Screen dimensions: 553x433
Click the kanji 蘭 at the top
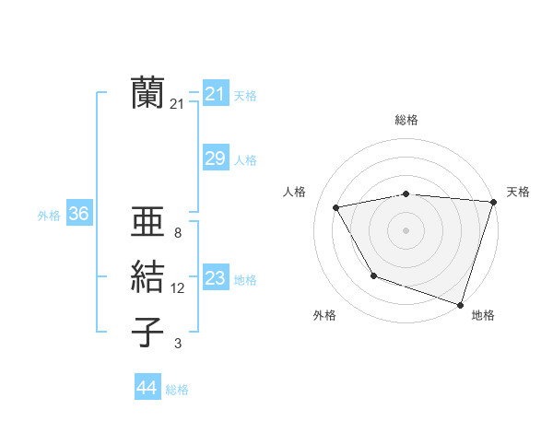[x=147, y=94]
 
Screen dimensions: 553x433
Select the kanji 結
[x=147, y=278]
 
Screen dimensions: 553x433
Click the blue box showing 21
[x=215, y=94]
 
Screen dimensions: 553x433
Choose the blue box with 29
[x=215, y=158]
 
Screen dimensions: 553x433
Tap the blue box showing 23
[x=215, y=278]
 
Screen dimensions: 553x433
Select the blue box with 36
[x=78, y=214]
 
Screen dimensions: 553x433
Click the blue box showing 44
[x=147, y=388]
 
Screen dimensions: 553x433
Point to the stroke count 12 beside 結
[x=177, y=288]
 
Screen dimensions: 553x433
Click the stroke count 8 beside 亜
[x=177, y=233]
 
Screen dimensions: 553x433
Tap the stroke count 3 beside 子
[x=177, y=344]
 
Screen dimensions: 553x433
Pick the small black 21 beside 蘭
[x=177, y=105]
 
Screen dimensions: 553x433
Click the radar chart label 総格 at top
[x=406, y=120]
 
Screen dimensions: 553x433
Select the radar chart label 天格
[x=518, y=192]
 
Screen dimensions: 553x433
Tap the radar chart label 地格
[x=483, y=315]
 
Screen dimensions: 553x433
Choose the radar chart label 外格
[x=324, y=315]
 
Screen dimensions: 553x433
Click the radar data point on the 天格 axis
[x=493, y=202]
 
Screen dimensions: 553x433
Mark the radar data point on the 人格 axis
[x=336, y=207]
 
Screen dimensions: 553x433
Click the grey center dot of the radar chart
[x=406, y=229]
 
